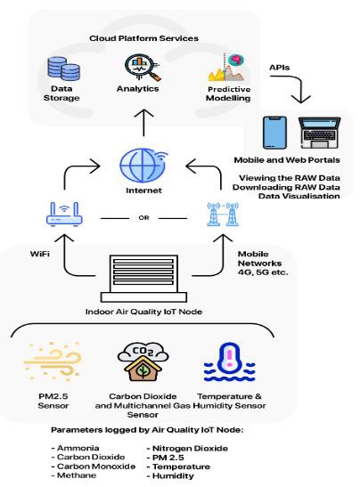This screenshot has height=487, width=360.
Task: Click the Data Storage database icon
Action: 64,69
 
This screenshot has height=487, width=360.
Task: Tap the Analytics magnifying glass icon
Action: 143,68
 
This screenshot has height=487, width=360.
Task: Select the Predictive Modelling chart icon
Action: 226,68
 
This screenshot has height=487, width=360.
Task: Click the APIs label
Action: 279,68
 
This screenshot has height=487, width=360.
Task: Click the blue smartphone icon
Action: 274,133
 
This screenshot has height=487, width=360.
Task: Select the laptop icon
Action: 319,133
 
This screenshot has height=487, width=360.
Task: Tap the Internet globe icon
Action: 143,166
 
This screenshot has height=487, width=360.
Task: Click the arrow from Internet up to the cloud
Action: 143,122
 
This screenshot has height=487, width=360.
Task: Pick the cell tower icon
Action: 223,214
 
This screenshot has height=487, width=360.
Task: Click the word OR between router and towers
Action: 143,218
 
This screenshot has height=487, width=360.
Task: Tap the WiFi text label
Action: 40,254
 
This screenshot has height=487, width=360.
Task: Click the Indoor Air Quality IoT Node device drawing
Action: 143,279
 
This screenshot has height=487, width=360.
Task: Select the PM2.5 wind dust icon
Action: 53,361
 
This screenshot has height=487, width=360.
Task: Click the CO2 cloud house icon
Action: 143,361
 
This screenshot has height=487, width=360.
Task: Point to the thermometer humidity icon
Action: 229,362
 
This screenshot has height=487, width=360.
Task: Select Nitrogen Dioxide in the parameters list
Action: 190,448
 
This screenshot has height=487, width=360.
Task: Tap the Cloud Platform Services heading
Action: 144,38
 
